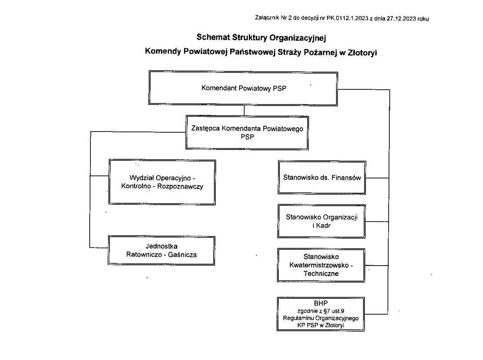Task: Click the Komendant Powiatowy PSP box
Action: click(x=243, y=88)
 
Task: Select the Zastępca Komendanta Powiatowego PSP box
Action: click(x=247, y=133)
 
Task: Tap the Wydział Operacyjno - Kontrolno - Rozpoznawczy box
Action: click(x=162, y=182)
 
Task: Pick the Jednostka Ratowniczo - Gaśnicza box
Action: click(x=161, y=250)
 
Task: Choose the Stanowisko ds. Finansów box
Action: click(x=322, y=178)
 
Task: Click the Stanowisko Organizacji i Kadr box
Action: click(x=321, y=221)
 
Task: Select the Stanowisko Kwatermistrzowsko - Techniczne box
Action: click(x=321, y=265)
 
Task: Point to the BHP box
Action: click(x=321, y=314)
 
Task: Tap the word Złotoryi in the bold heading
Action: click(x=362, y=52)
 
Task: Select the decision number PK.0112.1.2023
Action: click(x=347, y=19)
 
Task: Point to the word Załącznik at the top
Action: click(x=267, y=18)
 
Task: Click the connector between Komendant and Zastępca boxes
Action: click(x=244, y=110)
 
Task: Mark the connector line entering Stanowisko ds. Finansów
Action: click(x=377, y=178)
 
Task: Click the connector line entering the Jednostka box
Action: click(x=99, y=248)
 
